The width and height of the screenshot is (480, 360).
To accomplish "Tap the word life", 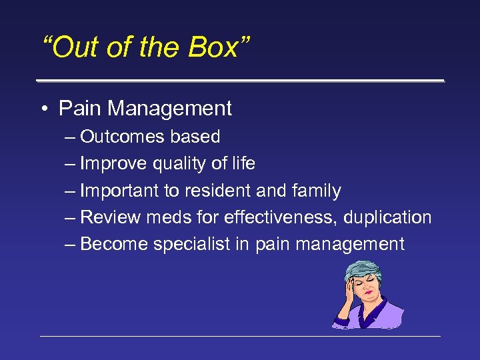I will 243,163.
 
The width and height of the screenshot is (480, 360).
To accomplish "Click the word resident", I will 216,191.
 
